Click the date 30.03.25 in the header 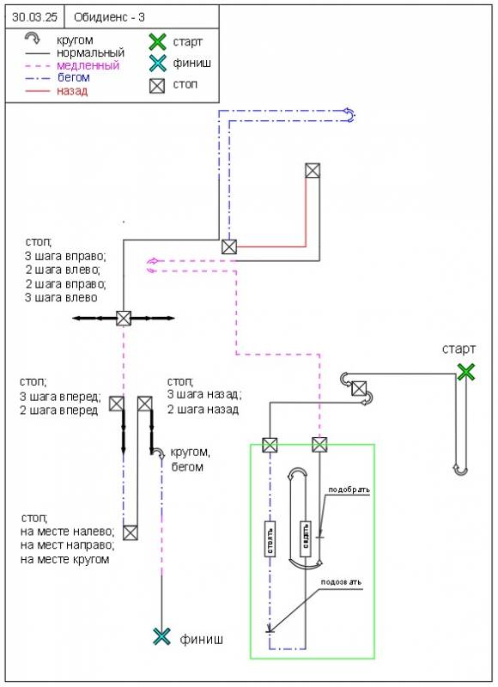(x=34, y=17)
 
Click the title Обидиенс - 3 (x=109, y=17)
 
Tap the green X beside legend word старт (x=158, y=42)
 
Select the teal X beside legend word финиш (x=158, y=63)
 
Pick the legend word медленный (x=88, y=66)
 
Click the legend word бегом (x=74, y=78)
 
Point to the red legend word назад (x=72, y=91)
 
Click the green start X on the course (x=466, y=373)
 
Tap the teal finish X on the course (x=161, y=636)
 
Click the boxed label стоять (x=270, y=539)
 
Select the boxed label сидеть (x=306, y=539)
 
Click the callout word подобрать (x=349, y=489)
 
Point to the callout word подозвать (x=341, y=582)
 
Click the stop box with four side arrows (x=124, y=318)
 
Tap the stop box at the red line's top (x=313, y=170)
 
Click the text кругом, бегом (x=190, y=459)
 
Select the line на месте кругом (x=64, y=560)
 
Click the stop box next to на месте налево (x=131, y=532)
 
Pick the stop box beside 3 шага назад (x=145, y=404)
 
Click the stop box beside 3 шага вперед (x=117, y=404)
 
